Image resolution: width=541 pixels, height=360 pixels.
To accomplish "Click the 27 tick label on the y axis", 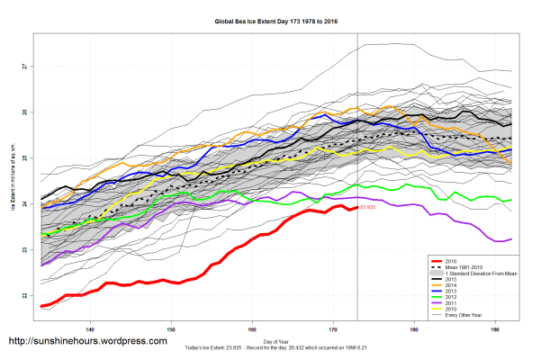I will click(x=25, y=67).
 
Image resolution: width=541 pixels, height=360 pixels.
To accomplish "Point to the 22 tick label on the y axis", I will click(x=25, y=295).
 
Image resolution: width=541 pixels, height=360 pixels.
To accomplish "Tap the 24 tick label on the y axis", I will click(x=25, y=204).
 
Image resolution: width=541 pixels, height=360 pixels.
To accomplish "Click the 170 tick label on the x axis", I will click(x=333, y=328).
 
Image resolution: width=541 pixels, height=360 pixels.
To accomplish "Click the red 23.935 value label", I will click(x=368, y=208).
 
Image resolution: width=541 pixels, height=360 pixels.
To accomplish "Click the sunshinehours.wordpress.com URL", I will click(x=87, y=342).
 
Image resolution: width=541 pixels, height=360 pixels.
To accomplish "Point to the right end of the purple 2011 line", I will click(x=511, y=239).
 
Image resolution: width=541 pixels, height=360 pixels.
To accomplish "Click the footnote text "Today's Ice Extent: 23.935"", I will click(x=221, y=348).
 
